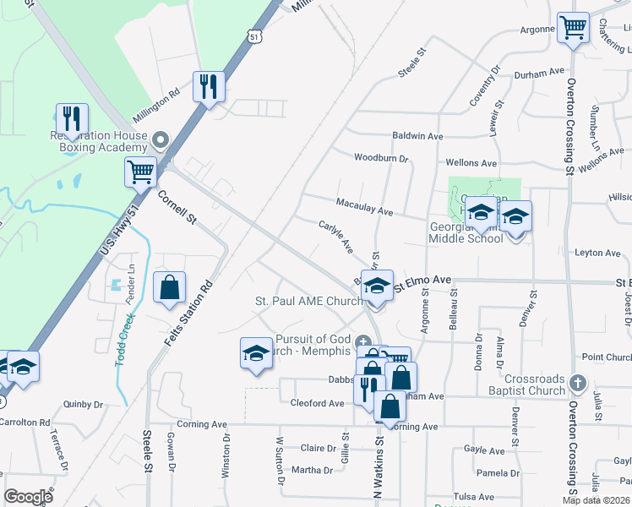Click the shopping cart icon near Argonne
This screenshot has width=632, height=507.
574,28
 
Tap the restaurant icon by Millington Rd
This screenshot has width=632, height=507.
208,86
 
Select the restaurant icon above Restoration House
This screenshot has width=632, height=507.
72,118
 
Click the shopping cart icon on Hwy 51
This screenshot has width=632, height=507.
140,172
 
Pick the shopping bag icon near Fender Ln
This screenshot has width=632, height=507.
170,287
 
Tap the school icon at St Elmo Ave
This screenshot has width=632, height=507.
378,286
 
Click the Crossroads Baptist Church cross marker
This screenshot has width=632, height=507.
577,382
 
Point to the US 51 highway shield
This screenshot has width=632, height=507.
254,35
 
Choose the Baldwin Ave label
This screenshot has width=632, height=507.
417,136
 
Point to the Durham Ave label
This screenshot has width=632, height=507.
544,73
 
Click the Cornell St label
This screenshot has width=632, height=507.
177,207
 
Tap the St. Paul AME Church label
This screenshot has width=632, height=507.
308,301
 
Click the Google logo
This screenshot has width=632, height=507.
28,497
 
